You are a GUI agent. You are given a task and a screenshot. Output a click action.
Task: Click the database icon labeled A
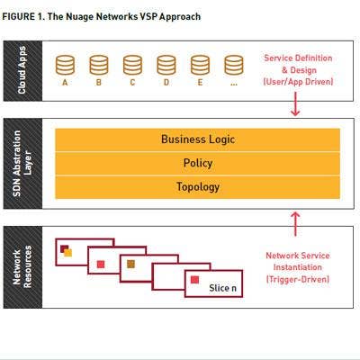click(65, 65)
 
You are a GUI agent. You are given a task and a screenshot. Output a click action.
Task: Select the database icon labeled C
click(132, 65)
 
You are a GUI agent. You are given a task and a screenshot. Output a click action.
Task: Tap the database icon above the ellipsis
click(234, 65)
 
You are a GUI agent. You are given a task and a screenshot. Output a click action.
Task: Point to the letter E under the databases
click(200, 82)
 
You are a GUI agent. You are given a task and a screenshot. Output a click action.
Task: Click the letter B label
click(99, 82)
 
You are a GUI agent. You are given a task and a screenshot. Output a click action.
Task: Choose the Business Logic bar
click(198, 139)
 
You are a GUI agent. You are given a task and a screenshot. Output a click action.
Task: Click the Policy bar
click(198, 164)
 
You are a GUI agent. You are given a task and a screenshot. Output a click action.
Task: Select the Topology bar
click(198, 187)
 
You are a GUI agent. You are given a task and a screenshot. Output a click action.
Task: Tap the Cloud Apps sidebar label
click(22, 70)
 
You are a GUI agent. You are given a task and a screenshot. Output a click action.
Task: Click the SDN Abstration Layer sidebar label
click(22, 164)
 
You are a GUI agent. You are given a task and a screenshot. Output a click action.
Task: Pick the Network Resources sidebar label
click(22, 267)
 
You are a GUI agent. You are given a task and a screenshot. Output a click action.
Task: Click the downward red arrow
click(295, 103)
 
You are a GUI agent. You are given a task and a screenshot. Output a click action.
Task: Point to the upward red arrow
click(295, 224)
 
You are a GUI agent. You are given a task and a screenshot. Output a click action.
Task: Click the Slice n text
click(222, 288)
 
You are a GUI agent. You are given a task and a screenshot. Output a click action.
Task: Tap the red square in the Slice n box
click(194, 280)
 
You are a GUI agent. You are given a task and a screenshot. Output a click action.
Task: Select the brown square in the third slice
click(130, 264)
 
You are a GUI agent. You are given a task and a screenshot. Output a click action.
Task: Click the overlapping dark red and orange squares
click(66, 251)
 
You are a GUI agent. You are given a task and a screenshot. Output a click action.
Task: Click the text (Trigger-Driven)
click(298, 279)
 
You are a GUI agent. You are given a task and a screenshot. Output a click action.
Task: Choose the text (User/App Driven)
click(298, 82)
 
